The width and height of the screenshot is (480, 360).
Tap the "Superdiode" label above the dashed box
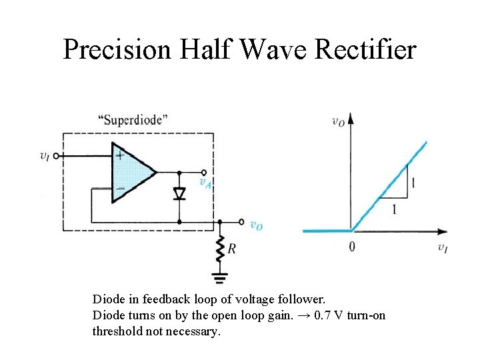[x=133, y=120]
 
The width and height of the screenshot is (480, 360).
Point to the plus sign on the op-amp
[x=121, y=155]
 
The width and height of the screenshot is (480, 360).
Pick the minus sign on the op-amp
[x=121, y=189]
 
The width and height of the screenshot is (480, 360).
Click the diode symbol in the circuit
[x=179, y=193]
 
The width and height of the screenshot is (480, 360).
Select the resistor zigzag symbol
[x=219, y=249]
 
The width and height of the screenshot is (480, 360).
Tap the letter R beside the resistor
[x=232, y=249]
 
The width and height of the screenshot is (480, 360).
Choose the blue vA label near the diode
[x=205, y=181]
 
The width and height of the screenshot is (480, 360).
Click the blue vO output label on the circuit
[x=256, y=225]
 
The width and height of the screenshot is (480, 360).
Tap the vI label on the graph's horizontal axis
[x=443, y=247]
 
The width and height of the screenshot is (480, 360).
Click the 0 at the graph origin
[x=352, y=247]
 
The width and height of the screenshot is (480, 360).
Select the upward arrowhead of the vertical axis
[x=351, y=119]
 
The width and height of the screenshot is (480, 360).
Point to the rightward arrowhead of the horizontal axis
[x=442, y=231]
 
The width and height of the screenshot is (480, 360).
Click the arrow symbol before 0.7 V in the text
[x=303, y=315]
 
